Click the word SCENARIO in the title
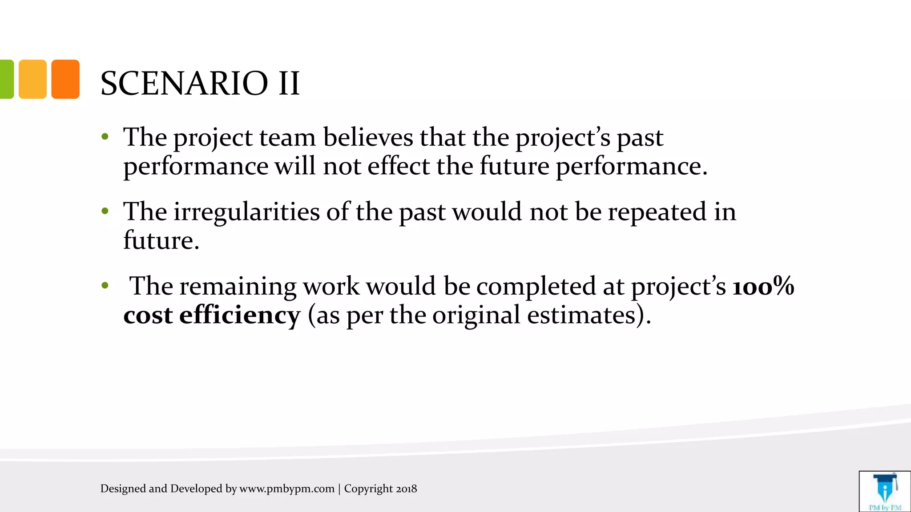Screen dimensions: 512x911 click(184, 83)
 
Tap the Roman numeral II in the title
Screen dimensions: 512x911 click(289, 83)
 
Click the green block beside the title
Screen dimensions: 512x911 click(6, 79)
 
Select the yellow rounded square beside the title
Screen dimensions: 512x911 click(32, 79)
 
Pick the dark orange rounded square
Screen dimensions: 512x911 click(65, 79)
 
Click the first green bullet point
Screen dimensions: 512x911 click(105, 136)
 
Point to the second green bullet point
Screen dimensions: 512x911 click(105, 211)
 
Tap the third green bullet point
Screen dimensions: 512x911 click(105, 285)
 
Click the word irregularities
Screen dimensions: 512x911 click(246, 212)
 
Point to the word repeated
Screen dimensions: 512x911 click(657, 212)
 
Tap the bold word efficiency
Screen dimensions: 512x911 click(240, 315)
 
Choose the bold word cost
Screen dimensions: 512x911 click(148, 315)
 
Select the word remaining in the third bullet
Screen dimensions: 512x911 click(238, 286)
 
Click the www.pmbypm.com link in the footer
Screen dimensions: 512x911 click(287, 489)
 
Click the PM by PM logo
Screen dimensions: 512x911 click(885, 491)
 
